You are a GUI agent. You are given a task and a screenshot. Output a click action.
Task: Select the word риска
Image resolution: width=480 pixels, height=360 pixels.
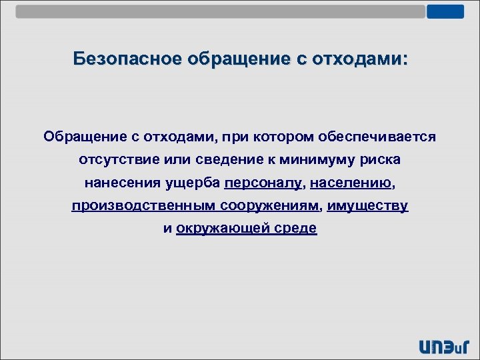[382, 160]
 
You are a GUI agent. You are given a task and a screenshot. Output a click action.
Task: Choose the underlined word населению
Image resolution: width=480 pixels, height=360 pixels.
[351, 183]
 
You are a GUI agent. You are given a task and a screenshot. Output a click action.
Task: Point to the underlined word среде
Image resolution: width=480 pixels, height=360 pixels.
[297, 229]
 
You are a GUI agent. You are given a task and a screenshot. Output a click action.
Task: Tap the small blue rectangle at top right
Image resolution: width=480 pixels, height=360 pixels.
[445, 11]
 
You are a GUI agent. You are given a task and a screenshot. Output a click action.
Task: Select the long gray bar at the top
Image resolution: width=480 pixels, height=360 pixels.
[220, 11]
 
